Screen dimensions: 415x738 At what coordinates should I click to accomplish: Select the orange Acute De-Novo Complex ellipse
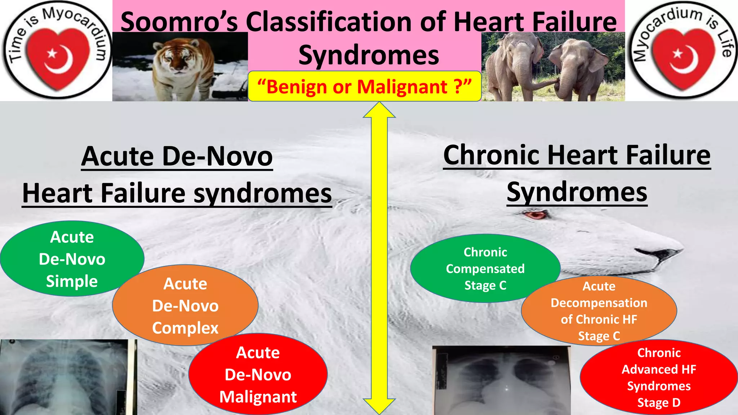185,305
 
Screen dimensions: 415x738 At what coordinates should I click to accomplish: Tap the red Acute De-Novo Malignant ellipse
258,375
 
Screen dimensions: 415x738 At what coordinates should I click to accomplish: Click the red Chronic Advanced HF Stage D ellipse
659,377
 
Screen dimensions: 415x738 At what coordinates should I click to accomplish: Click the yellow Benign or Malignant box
364,87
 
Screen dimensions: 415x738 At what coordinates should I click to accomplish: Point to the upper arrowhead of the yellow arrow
379,110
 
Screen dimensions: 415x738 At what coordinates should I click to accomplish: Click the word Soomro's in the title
179,22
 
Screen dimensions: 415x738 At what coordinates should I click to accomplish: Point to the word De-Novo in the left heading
217,157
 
